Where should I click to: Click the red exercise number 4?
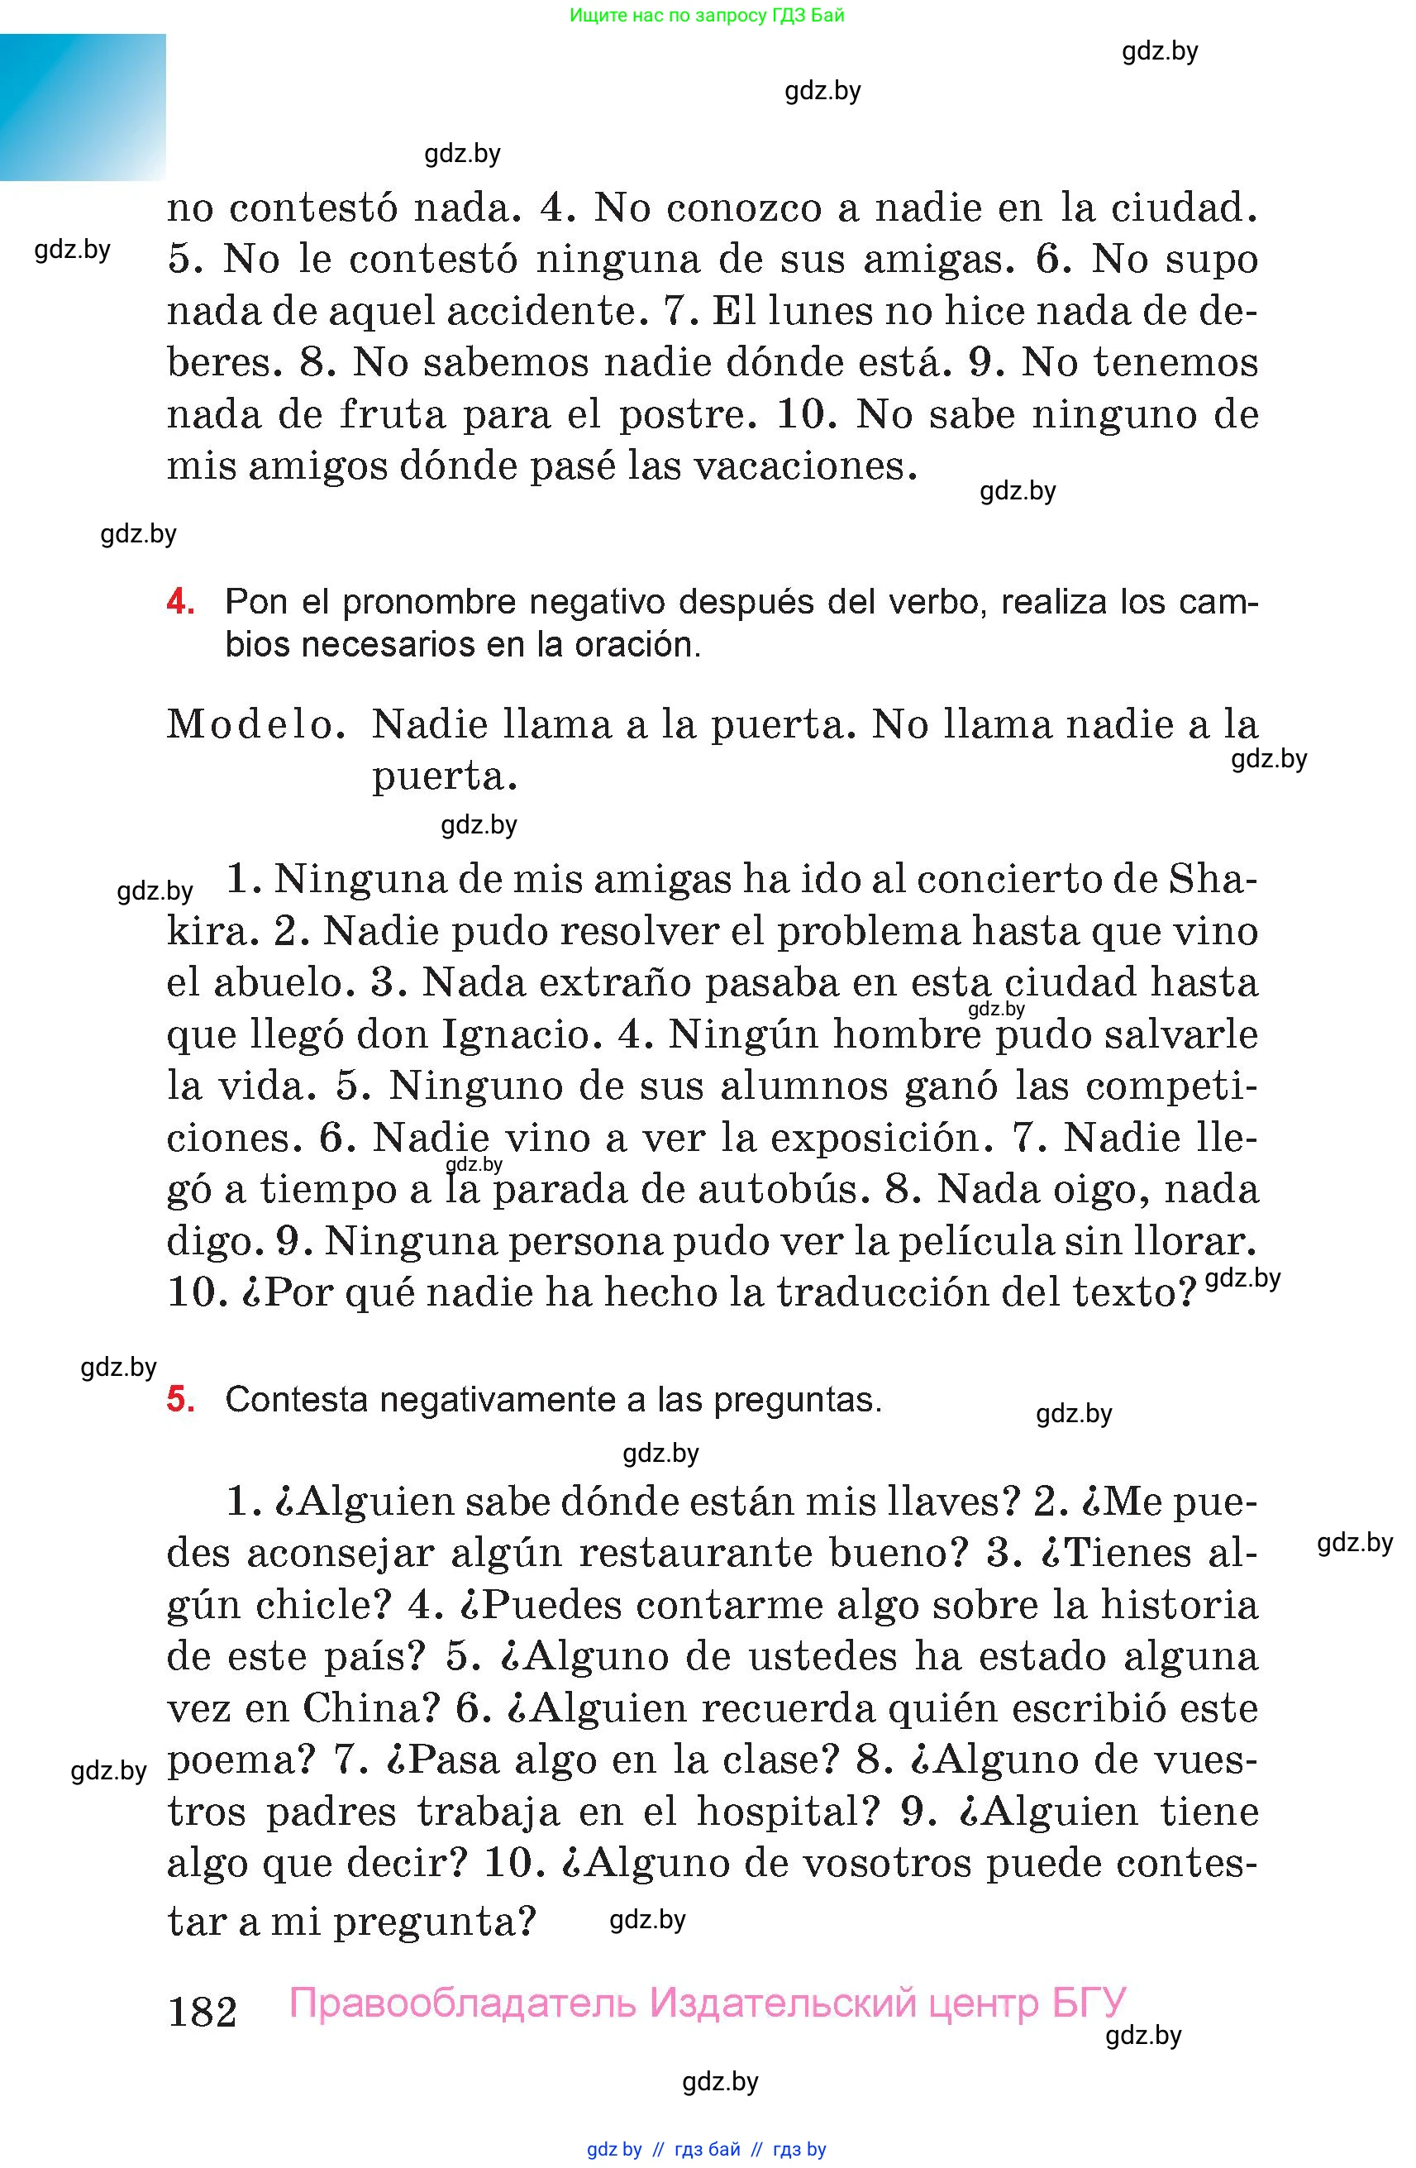pyautogui.click(x=180, y=602)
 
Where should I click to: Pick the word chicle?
pyautogui.click(x=322, y=1605)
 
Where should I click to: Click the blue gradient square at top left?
pyautogui.click(x=83, y=107)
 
